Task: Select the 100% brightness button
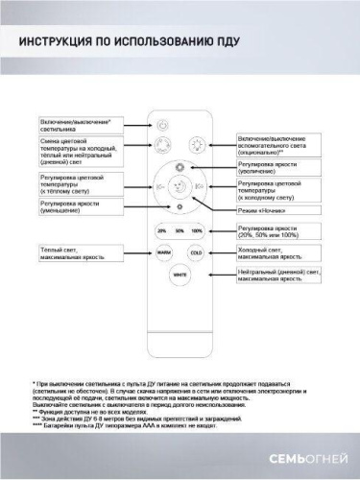(x=197, y=231)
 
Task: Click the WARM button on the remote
(x=164, y=253)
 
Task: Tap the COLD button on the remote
(x=196, y=253)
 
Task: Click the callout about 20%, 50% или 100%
(x=279, y=230)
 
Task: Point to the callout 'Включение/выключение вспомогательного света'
(x=279, y=144)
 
